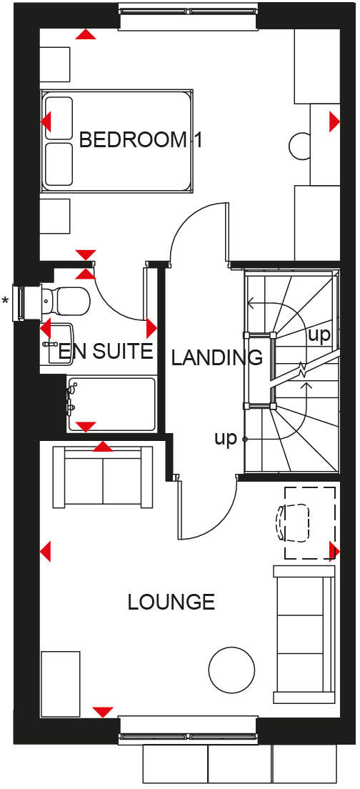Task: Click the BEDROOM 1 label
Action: click(141, 139)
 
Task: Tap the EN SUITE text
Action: click(106, 351)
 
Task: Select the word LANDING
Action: click(217, 357)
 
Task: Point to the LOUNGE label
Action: click(171, 602)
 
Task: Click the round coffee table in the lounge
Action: click(231, 669)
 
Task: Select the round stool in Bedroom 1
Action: click(300, 146)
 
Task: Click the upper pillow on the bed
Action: click(59, 119)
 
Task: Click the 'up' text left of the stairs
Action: click(225, 439)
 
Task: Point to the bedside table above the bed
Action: click(55, 64)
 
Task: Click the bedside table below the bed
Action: click(55, 216)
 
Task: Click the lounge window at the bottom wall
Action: click(187, 730)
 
